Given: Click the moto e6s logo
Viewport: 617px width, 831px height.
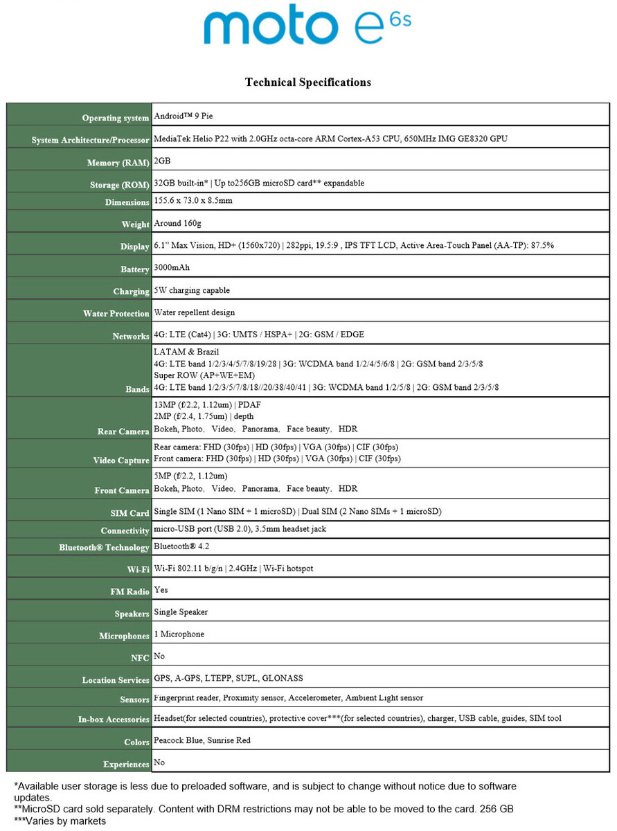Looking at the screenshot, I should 307,26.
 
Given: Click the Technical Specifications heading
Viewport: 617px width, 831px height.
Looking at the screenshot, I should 307,82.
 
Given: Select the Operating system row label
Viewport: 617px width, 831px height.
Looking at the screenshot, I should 115,118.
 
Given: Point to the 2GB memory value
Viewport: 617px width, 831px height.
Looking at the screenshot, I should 162,161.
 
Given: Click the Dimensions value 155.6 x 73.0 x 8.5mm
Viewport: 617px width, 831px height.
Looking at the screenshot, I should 193,201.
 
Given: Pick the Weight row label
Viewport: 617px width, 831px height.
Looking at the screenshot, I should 135,224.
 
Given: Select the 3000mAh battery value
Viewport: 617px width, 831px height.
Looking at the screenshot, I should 172,267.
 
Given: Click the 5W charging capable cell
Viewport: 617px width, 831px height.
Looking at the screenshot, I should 192,290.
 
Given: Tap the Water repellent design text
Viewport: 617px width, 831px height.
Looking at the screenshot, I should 194,312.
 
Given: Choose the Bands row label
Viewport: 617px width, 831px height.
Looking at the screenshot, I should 137,389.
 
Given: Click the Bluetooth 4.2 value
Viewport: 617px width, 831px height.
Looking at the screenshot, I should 181,546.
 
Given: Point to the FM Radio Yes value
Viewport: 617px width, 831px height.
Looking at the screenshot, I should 161,590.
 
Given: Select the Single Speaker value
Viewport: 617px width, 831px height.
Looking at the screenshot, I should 181,612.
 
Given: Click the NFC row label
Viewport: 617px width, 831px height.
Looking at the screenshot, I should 140,658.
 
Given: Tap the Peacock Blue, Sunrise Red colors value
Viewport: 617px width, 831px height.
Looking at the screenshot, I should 202,740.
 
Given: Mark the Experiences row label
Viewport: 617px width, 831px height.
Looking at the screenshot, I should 126,765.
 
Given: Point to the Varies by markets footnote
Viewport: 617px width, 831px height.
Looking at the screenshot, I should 60,821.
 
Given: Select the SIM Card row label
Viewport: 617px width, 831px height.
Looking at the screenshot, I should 129,513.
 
